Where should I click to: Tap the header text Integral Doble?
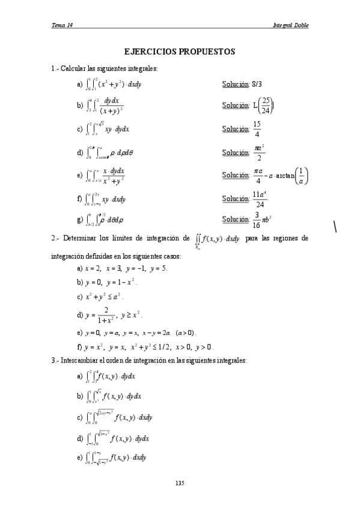pos(291,25)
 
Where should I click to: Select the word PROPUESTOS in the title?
pos(207,52)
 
